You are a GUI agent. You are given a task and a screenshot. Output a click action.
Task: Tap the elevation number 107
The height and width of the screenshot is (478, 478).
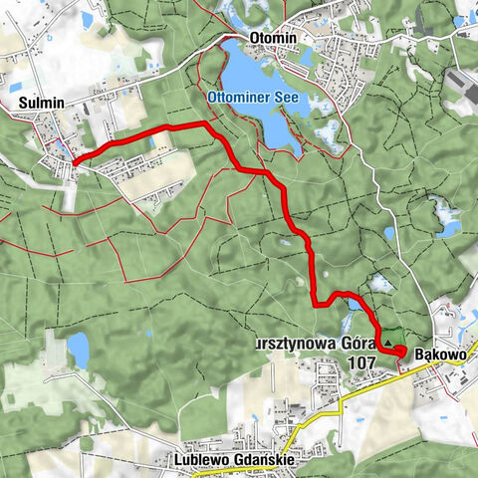pyautogui.click(x=362, y=363)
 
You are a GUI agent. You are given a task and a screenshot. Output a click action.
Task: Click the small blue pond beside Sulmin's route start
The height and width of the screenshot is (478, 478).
pyautogui.click(x=62, y=149)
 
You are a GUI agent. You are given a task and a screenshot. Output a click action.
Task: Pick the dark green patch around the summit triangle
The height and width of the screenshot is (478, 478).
pyautogui.click(x=391, y=337)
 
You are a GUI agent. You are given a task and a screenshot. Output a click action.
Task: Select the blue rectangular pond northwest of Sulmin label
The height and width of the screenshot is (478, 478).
pyautogui.click(x=86, y=19)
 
